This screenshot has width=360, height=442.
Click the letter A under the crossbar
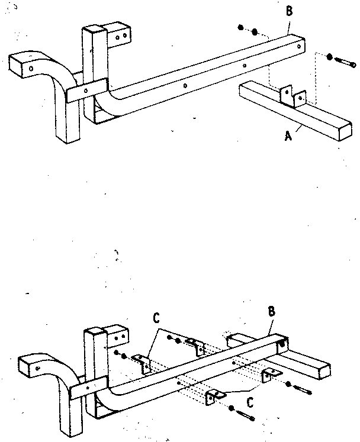[x=288, y=136]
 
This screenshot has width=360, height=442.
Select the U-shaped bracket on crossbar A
[x=292, y=96]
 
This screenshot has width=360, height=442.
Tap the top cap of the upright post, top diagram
[x=94, y=31]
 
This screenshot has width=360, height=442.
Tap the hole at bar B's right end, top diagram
[x=301, y=44]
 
